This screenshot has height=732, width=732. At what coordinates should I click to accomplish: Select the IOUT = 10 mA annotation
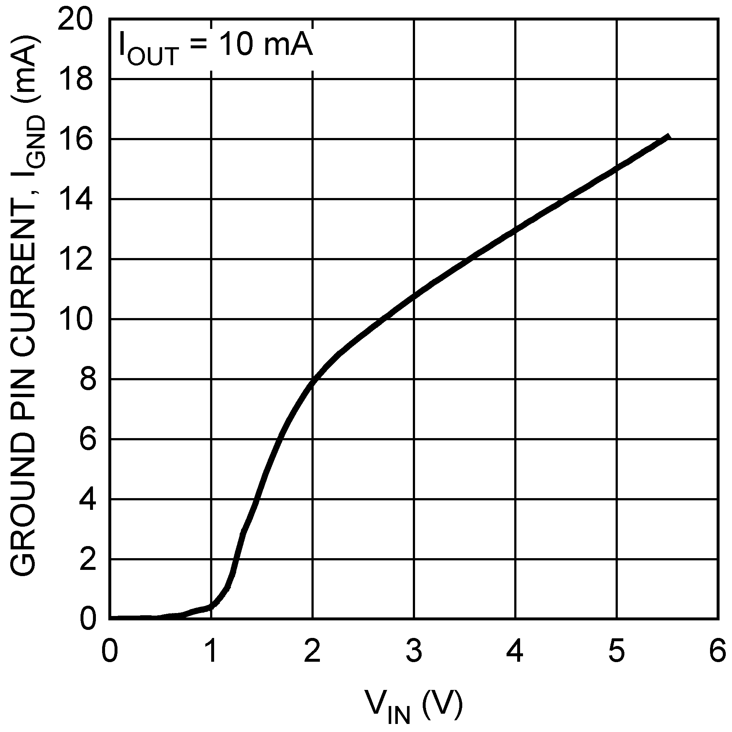tap(216, 46)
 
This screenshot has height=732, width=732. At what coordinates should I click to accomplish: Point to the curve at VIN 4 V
tap(515, 229)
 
